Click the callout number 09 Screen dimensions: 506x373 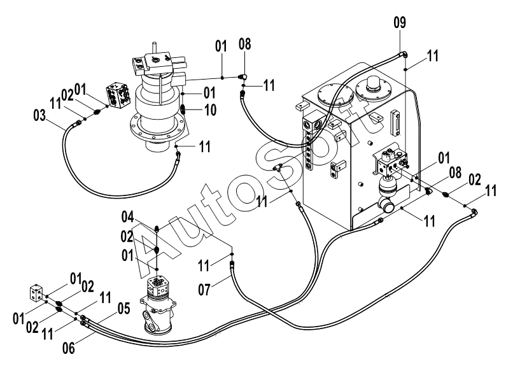coord(400,23)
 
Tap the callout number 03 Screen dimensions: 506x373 coord(39,115)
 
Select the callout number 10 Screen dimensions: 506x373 coord(211,110)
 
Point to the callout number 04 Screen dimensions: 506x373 coord(127,217)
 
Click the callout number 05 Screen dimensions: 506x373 coord(123,309)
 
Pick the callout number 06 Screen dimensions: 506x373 coord(68,348)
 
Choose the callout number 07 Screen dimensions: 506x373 coord(204,290)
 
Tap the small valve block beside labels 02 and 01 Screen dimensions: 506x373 coord(118,95)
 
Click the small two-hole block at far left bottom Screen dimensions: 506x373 coord(36,293)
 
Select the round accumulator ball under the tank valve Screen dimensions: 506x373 coord(388,185)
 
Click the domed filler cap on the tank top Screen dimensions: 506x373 coord(374,86)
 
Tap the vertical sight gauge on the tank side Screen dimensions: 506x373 coord(395,123)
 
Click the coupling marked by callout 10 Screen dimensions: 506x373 coord(182,109)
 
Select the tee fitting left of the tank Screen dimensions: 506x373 coord(277,167)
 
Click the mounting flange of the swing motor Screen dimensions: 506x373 coord(158,129)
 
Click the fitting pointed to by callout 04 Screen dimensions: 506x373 coord(157,229)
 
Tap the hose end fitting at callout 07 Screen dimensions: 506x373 coord(232,265)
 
